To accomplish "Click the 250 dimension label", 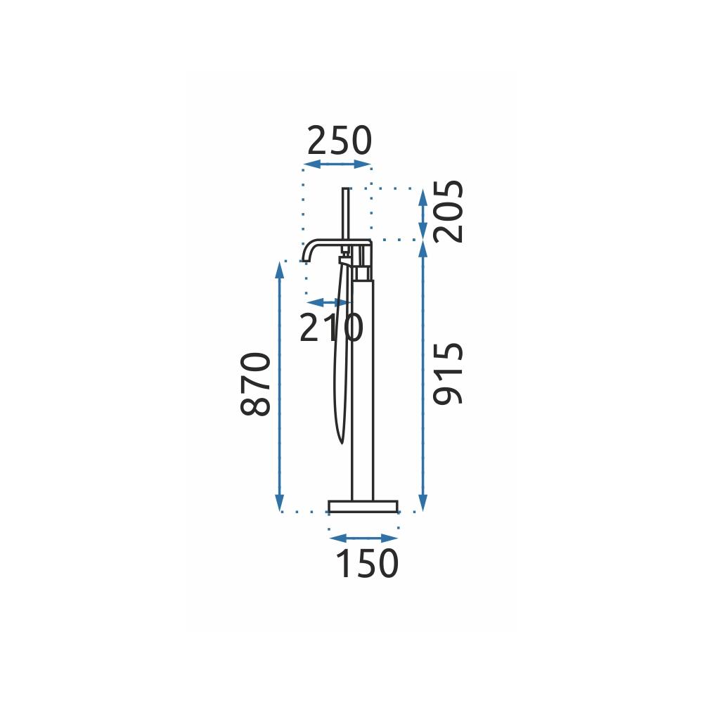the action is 340,141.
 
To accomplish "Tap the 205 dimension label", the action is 449,212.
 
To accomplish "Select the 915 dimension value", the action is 449,373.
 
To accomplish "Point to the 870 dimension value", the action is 256,385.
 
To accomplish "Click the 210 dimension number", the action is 331,328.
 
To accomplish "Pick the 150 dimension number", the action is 367,563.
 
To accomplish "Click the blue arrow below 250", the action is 337,164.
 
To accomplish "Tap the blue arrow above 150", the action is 363,538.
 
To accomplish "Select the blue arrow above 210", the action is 328,302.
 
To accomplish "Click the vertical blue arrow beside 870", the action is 280,385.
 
